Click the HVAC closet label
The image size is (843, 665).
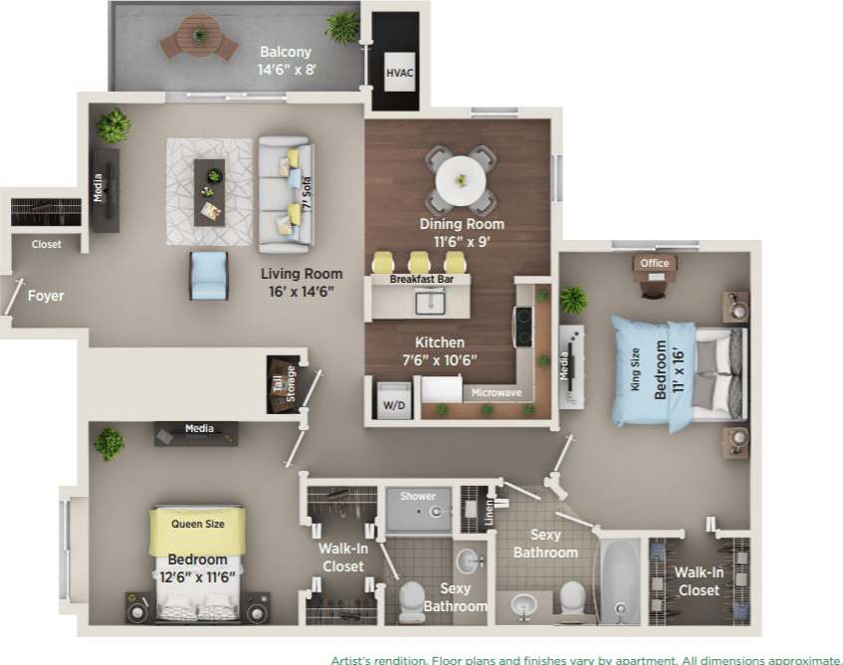click(398, 74)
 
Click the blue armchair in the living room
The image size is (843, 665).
click(209, 275)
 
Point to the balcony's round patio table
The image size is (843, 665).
click(200, 37)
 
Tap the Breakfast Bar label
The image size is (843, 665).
click(417, 280)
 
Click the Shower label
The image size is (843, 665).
click(418, 496)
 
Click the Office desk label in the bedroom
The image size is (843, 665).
click(654, 264)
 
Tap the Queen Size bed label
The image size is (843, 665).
click(199, 523)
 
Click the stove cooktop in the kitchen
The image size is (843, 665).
click(523, 326)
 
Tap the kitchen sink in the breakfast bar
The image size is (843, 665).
click(431, 302)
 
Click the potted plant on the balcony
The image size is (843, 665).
click(342, 27)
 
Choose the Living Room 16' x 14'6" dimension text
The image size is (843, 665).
click(302, 283)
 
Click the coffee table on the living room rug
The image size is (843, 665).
click(210, 190)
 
